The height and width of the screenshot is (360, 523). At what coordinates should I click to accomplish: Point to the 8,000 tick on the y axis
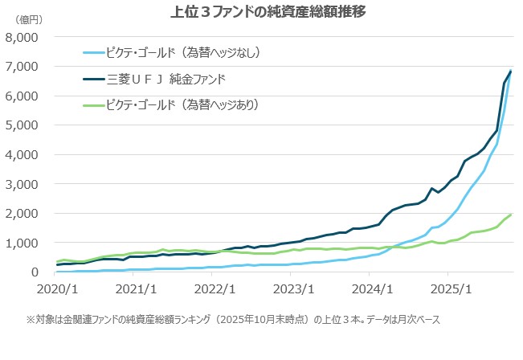click(22, 37)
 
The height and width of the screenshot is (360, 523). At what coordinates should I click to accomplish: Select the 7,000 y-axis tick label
click(22, 67)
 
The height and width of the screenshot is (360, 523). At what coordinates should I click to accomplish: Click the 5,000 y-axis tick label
click(22, 125)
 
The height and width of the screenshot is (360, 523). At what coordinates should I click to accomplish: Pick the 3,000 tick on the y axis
click(22, 184)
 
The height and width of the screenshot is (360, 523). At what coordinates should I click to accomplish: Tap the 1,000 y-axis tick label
click(22, 243)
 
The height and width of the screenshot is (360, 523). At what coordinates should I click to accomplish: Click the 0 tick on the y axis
click(35, 272)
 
